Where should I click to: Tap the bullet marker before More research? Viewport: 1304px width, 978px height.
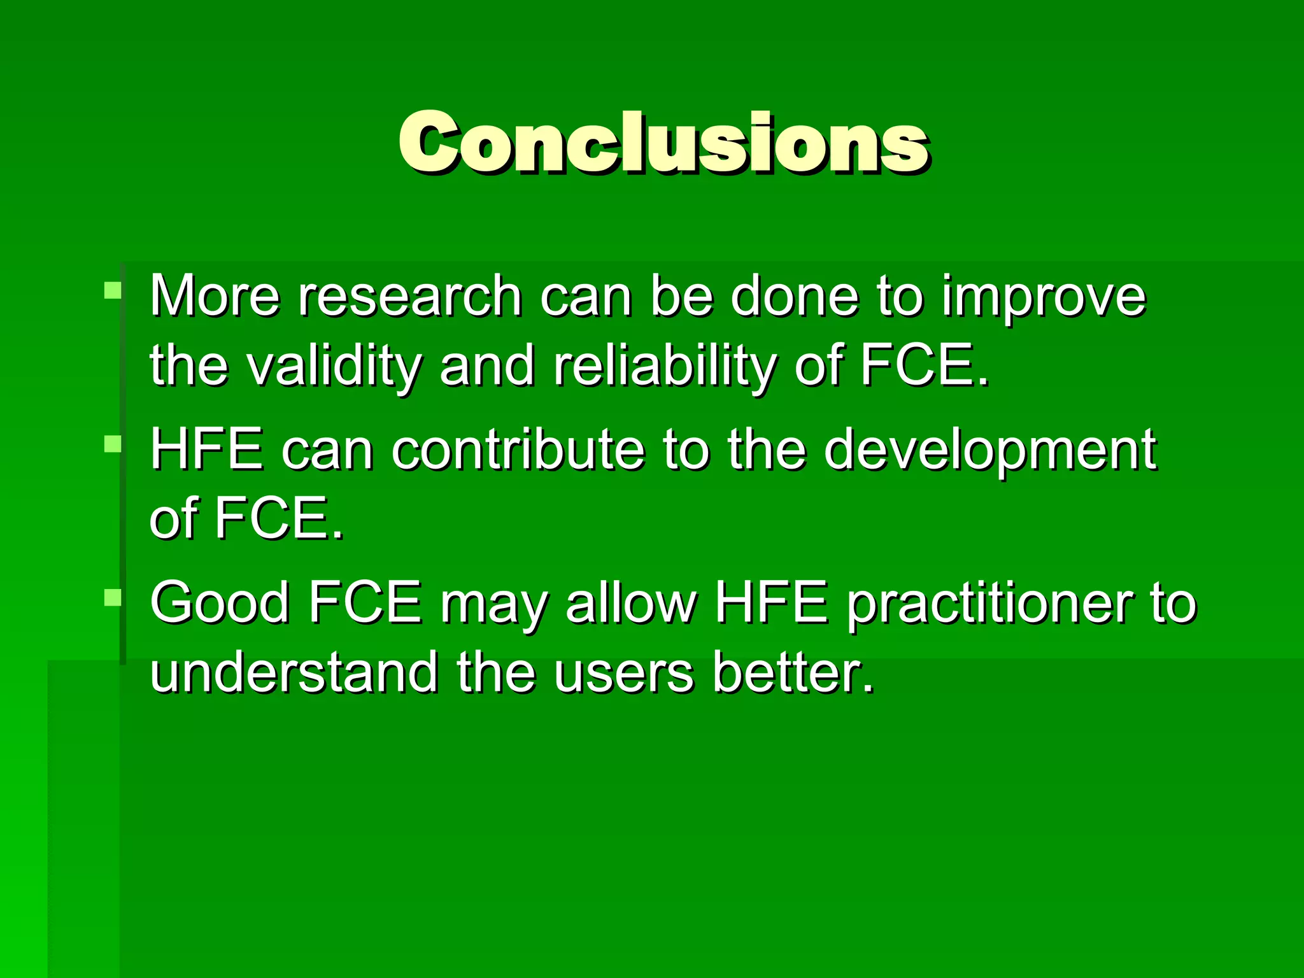click(113, 291)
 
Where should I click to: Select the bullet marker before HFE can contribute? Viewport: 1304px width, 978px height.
click(113, 443)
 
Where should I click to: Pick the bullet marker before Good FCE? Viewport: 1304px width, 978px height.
click(113, 597)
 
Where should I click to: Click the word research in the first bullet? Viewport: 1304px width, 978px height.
click(410, 296)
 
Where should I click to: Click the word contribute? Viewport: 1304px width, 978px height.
click(518, 450)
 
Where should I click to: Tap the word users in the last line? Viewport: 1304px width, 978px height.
click(623, 674)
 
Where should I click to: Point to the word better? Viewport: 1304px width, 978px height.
click(793, 672)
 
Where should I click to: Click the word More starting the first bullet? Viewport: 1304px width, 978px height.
click(215, 296)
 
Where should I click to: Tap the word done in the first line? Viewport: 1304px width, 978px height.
click(795, 296)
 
